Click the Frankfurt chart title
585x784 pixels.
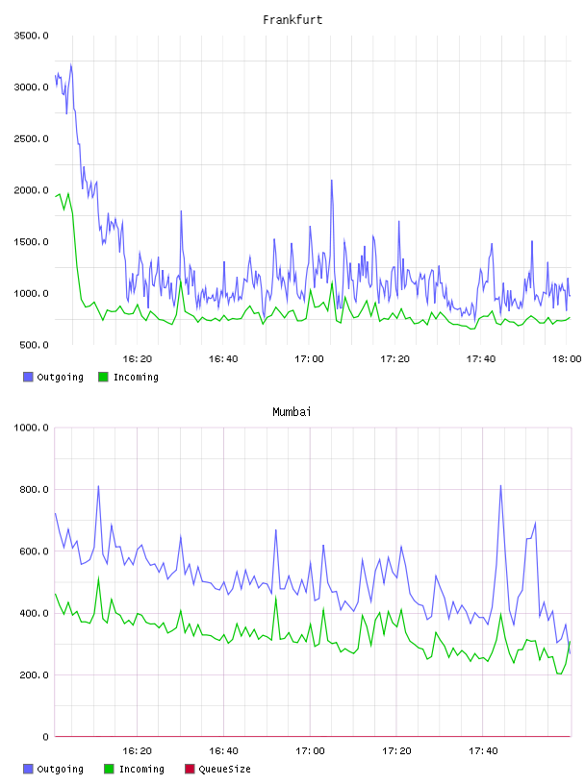[x=292, y=20]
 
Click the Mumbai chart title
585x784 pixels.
[x=292, y=412]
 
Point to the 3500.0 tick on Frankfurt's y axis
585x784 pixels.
[x=31, y=36]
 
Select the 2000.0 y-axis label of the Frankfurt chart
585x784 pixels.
[x=31, y=190]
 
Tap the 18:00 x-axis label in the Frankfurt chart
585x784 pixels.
[x=567, y=359]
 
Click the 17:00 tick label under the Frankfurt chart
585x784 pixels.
[x=309, y=359]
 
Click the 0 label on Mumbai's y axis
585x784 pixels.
[x=45, y=737]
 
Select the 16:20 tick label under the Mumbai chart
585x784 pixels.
[x=138, y=751]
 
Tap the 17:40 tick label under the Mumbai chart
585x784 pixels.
[x=483, y=751]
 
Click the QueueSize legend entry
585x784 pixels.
[x=217, y=769]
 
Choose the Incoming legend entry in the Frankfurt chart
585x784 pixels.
[x=129, y=377]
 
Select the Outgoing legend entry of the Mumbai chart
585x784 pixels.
[x=54, y=769]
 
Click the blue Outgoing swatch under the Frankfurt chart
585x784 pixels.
[x=28, y=377]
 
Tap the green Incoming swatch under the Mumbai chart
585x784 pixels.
[x=109, y=769]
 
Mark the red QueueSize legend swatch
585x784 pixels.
[x=190, y=769]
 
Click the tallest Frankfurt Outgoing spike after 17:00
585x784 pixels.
[x=332, y=181]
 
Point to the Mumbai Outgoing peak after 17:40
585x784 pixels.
[x=500, y=485]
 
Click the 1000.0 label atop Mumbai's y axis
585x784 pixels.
[x=31, y=428]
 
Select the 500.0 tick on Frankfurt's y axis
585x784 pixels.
[x=34, y=345]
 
